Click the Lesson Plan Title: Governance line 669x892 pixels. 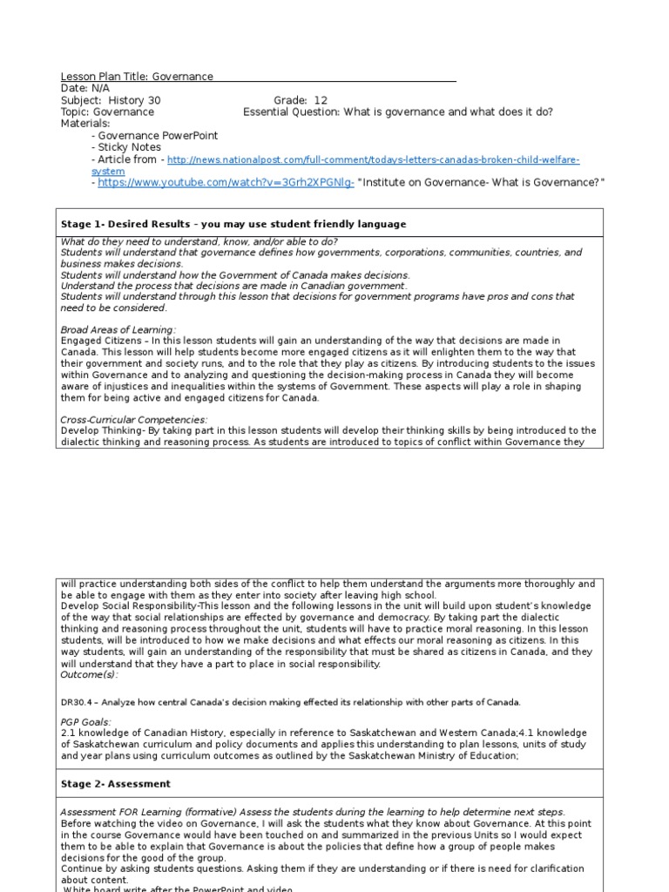coord(137,77)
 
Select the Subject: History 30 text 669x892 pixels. coord(111,100)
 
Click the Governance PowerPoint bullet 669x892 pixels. coord(157,136)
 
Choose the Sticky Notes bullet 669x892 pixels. coord(129,147)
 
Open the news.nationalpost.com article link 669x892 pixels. coord(373,160)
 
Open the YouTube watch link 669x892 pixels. coord(225,183)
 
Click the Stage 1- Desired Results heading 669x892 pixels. coord(233,224)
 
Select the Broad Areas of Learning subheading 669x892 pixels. coord(118,330)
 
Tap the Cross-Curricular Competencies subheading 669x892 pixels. coord(134,420)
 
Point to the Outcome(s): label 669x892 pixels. coord(90,675)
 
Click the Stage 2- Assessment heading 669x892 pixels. coord(115,784)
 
